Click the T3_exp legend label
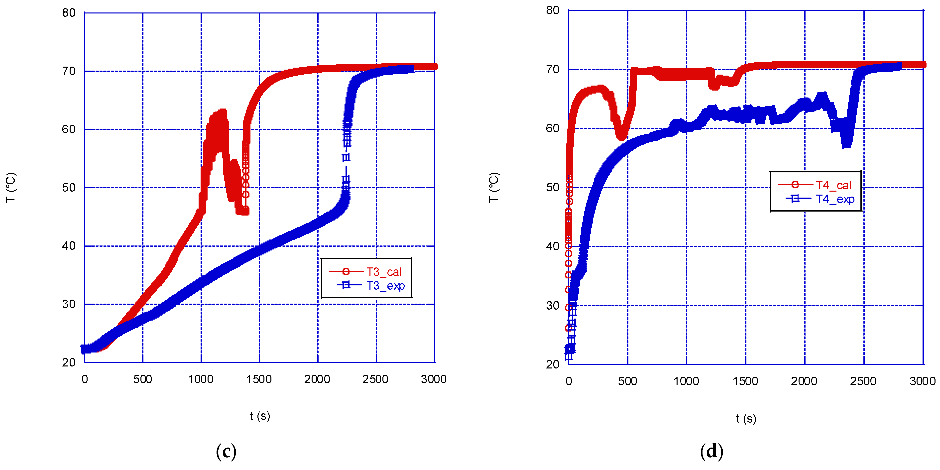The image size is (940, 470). [x=385, y=286]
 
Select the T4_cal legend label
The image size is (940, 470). [x=833, y=185]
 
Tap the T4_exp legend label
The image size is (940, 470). [x=835, y=199]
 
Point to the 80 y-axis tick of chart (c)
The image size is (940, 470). [x=69, y=13]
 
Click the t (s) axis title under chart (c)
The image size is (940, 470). [x=260, y=416]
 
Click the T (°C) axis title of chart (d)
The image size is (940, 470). [x=494, y=187]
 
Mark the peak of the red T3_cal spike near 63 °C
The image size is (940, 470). [x=222, y=111]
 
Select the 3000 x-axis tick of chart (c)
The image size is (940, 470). [x=434, y=379]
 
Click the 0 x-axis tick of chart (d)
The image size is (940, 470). [x=569, y=381]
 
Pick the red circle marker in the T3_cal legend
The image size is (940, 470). [x=346, y=271]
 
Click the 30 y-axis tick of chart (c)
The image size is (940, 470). [x=69, y=304]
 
